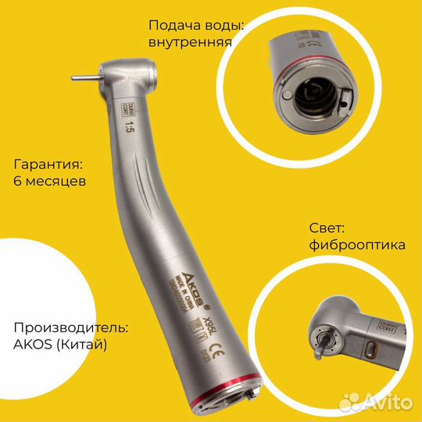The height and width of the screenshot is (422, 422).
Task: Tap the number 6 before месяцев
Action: click(19, 181)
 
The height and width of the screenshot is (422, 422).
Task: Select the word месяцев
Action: click(55, 181)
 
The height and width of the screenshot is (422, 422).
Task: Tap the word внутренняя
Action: click(190, 41)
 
